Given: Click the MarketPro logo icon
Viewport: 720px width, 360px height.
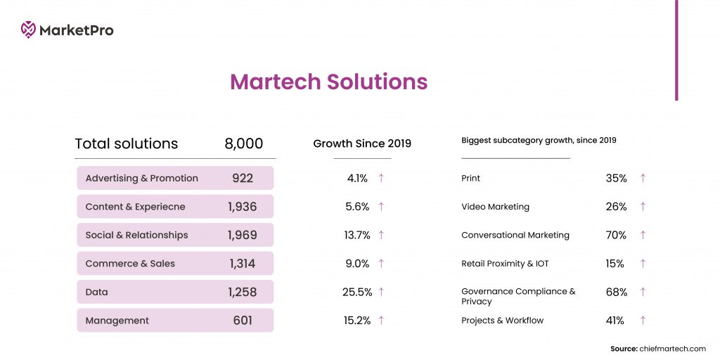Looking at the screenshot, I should (x=28, y=30).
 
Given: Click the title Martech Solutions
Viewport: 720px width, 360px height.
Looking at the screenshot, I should (x=328, y=82).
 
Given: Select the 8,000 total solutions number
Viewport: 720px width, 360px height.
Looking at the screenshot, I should (x=243, y=144).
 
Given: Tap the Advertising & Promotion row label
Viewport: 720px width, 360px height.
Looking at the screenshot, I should (x=141, y=179).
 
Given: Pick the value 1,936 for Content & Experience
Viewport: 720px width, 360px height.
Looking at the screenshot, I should (x=242, y=207).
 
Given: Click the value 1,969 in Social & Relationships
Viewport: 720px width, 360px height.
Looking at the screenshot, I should (x=242, y=236).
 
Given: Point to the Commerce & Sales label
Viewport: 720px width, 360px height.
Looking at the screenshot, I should (x=130, y=264).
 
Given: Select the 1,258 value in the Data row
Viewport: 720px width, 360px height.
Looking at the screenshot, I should (x=242, y=292).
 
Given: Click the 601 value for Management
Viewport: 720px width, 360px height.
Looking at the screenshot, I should (x=242, y=321).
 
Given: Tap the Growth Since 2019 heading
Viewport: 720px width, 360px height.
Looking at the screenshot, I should (x=362, y=143).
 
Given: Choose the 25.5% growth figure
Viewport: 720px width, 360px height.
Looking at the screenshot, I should (x=357, y=292).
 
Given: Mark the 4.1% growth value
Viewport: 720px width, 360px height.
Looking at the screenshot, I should (x=357, y=179).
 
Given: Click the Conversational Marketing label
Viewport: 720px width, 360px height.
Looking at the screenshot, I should (x=515, y=236).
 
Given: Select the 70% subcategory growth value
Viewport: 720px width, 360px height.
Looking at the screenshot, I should (x=616, y=236).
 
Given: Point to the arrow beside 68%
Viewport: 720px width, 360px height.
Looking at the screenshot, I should (x=643, y=292).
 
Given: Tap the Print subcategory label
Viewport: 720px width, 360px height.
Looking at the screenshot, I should (x=470, y=179).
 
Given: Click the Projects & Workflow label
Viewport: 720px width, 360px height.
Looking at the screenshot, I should (x=502, y=321).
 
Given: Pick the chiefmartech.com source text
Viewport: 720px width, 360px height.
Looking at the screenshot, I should (x=672, y=349).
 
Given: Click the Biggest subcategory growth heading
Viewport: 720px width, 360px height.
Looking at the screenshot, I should (x=539, y=141).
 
